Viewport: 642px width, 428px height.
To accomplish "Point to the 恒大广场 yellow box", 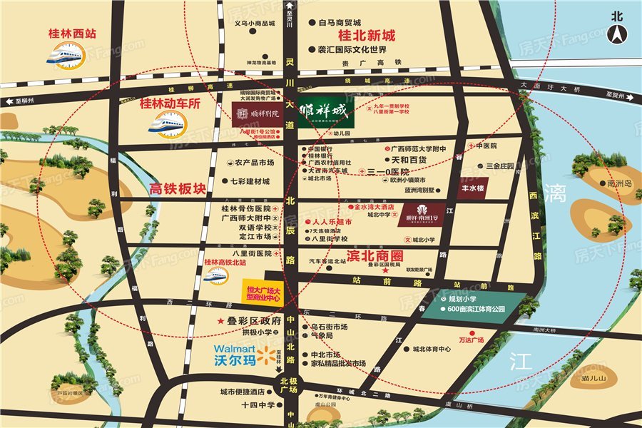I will [x=261, y=292].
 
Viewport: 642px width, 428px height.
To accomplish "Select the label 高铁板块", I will [x=177, y=189].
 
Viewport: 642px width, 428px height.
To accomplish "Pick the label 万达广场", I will [x=471, y=340].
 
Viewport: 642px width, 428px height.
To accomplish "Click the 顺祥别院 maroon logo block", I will [x=260, y=113].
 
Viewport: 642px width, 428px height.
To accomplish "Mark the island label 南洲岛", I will [x=615, y=183].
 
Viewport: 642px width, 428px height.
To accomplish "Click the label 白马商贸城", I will [x=341, y=23].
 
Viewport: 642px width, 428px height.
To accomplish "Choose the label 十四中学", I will [x=257, y=405].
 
